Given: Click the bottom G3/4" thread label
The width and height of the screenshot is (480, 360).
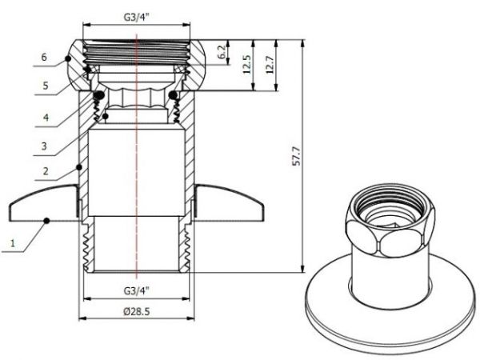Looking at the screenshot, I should click(138, 291).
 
